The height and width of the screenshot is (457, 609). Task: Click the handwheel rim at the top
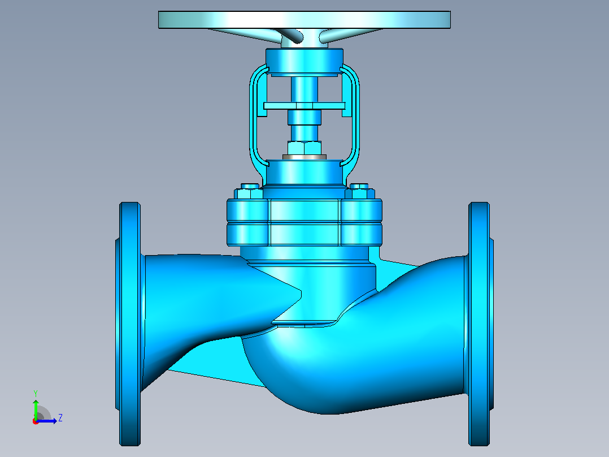pyautogui.click(x=304, y=19)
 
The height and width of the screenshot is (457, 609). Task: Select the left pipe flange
pyautogui.click(x=129, y=324)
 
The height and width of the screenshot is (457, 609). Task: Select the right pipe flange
pyautogui.click(x=480, y=324)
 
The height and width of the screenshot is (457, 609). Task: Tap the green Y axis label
pyautogui.click(x=36, y=394)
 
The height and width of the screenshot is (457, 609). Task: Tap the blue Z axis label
pyautogui.click(x=60, y=418)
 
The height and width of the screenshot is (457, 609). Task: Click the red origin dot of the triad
pyautogui.click(x=36, y=421)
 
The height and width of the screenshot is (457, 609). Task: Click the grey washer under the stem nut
pyautogui.click(x=304, y=157)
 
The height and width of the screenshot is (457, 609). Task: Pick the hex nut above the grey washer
pyautogui.click(x=304, y=148)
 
